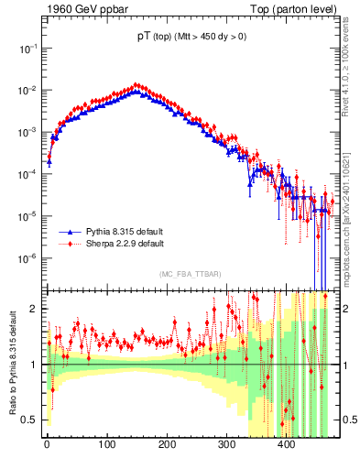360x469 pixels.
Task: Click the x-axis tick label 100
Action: [106, 446]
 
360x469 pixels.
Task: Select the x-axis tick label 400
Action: [286, 446]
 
